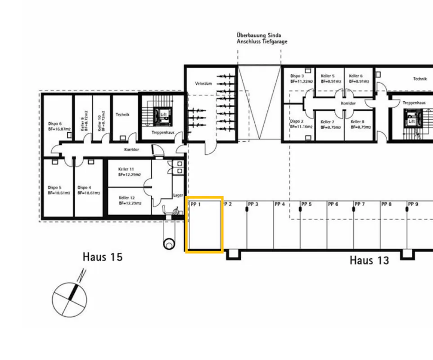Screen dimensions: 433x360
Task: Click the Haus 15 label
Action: point(103,257)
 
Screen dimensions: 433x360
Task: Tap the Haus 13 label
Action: point(369,261)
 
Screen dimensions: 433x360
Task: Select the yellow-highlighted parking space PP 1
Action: point(204,225)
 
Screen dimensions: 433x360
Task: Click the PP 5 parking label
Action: point(306,204)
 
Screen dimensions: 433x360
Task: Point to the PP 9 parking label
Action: point(413,204)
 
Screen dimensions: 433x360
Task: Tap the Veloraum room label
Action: point(203,83)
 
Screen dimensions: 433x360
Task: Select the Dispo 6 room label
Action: point(55,124)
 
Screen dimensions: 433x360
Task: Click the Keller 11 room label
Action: point(126,169)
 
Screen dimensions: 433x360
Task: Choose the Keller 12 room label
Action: point(127,198)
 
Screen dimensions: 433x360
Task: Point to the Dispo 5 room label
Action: point(54,188)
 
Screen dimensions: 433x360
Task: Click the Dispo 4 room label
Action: point(84,188)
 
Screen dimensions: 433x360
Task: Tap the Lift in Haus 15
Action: point(163,115)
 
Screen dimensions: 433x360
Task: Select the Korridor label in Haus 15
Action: point(131,150)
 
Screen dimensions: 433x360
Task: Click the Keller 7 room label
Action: point(327,122)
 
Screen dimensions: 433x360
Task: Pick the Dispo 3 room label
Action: point(297,76)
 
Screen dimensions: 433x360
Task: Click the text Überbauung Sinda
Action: point(259,36)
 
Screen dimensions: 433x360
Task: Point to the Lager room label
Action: point(178,195)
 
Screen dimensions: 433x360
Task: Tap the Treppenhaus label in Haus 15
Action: point(163,132)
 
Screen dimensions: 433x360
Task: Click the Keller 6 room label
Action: point(356,76)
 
